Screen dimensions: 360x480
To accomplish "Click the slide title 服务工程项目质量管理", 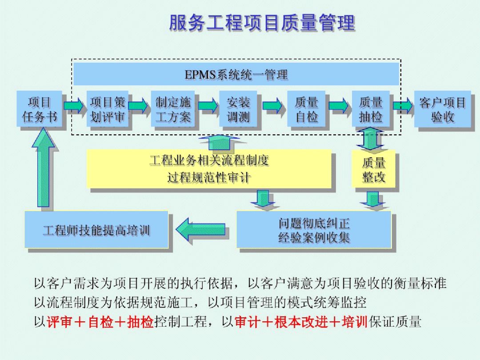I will pyautogui.click(x=262, y=24).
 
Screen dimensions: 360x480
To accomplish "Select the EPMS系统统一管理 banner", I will pyautogui.click(x=236, y=74).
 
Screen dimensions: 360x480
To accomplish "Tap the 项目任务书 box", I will pyautogui.click(x=39, y=109).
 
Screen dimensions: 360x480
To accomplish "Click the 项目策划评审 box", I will pyautogui.click(x=108, y=109).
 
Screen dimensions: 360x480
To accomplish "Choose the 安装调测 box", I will pyautogui.click(x=238, y=109).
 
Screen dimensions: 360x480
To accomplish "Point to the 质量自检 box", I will pyautogui.click(x=306, y=109).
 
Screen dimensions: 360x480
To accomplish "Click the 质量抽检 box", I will pyautogui.click(x=371, y=109).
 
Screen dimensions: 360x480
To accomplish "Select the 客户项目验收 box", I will pyautogui.click(x=442, y=109).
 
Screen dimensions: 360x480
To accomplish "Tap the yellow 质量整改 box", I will pyautogui.click(x=373, y=170).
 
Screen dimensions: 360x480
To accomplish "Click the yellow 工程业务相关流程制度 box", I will pyautogui.click(x=209, y=169).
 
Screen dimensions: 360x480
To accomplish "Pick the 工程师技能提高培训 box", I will pyautogui.click(x=96, y=230).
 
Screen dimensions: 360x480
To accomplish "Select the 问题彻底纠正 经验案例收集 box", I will pyautogui.click(x=314, y=230).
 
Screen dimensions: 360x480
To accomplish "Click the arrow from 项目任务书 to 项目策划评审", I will pyautogui.click(x=73, y=106).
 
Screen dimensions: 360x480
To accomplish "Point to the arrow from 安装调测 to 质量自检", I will pyautogui.click(x=272, y=106).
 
